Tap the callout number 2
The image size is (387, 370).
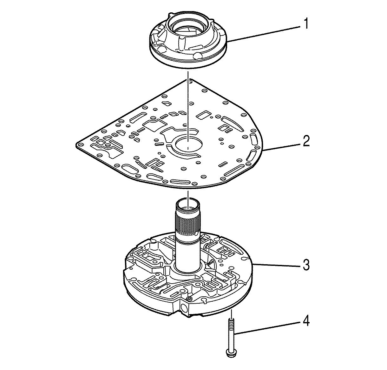(306, 141)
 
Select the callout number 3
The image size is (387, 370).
(306, 265)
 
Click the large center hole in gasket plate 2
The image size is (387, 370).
(188, 145)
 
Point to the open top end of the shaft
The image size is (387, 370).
(188, 203)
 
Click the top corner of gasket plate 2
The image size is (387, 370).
(189, 80)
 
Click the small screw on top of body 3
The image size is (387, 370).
(190, 298)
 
